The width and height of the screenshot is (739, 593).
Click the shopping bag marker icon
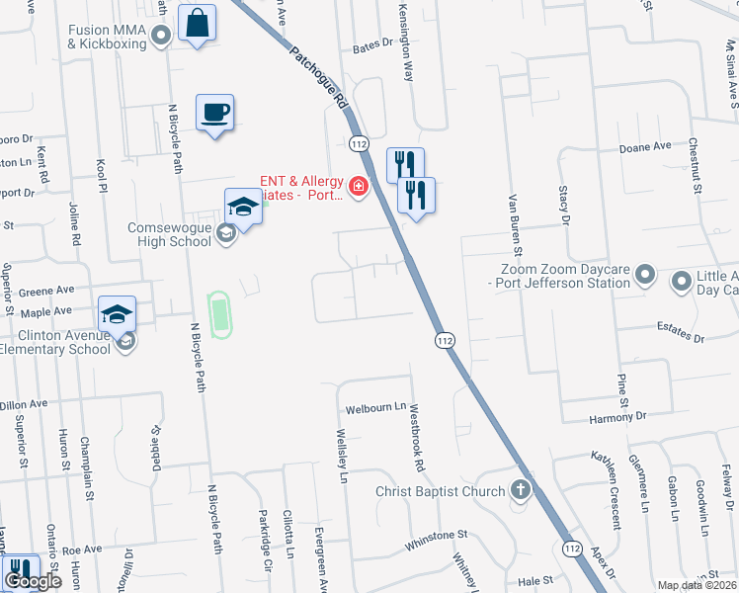pos(198,22)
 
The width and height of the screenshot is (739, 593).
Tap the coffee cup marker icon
pos(214,112)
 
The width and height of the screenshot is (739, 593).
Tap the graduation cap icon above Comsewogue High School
pos(243,206)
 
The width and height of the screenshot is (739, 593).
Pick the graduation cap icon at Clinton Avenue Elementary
pos(117,314)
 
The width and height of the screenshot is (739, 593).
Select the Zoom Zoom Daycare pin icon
pos(646,274)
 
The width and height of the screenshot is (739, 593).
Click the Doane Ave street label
pos(645,147)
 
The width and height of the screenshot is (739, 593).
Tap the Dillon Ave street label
pos(24,404)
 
